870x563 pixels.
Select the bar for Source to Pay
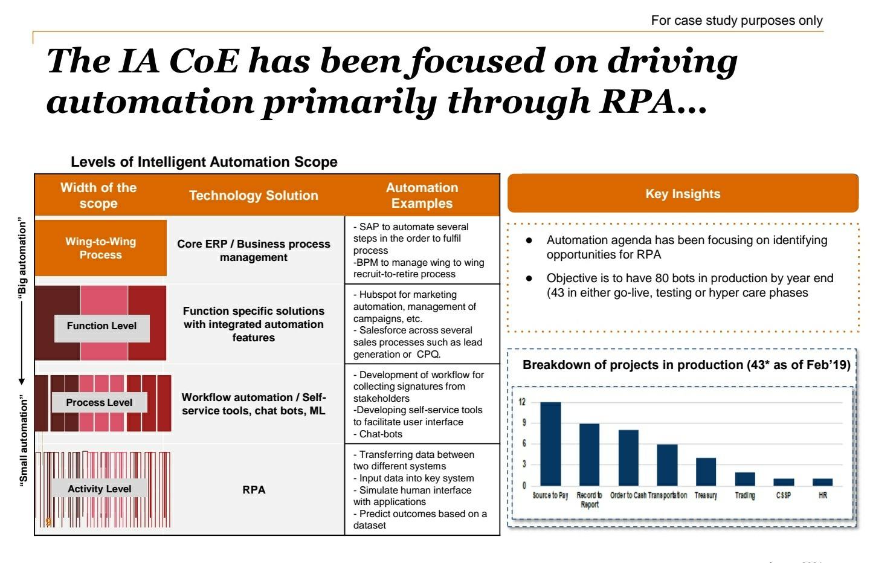(x=550, y=443)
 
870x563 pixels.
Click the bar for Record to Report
(x=589, y=454)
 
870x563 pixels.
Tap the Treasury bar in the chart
(x=706, y=471)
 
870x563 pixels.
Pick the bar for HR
(x=822, y=481)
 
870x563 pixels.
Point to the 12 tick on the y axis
(x=522, y=402)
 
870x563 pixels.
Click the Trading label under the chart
(x=745, y=495)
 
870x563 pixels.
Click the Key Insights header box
(x=683, y=194)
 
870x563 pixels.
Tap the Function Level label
(x=101, y=326)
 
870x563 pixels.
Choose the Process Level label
(x=99, y=403)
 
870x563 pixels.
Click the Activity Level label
(x=99, y=489)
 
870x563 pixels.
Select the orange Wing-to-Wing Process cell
(x=101, y=248)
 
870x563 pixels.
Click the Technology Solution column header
(x=253, y=196)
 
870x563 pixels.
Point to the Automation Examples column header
(x=422, y=196)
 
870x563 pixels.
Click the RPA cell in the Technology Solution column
(x=254, y=490)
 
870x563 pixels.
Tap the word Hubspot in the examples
(x=378, y=295)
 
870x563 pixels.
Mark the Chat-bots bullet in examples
(x=380, y=434)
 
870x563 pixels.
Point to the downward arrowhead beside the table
(x=22, y=381)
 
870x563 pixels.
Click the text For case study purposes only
(x=736, y=21)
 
